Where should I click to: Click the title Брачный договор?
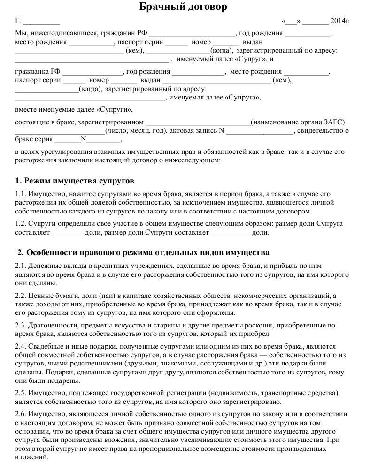pos(185,7)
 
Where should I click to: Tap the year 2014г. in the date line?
pos(340,21)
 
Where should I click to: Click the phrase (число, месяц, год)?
pos(136,131)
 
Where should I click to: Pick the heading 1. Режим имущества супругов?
pos(75,181)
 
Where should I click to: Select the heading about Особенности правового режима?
pos(143,253)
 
